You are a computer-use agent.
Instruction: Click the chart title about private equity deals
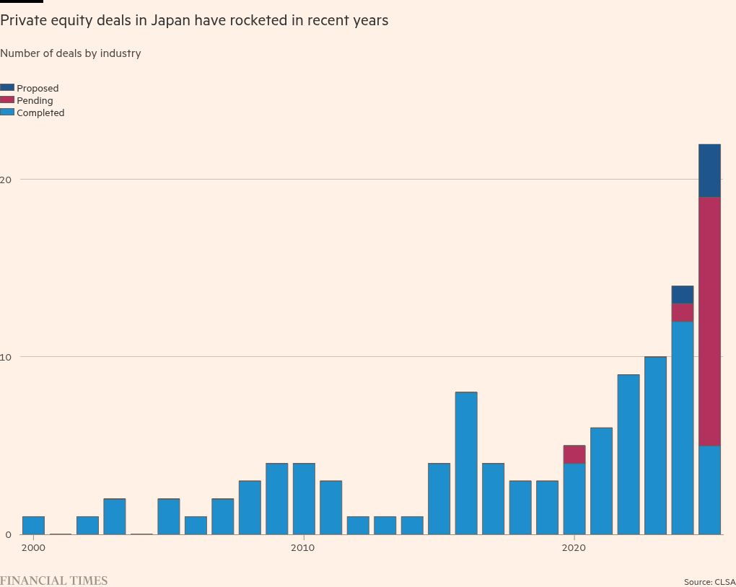[x=194, y=20]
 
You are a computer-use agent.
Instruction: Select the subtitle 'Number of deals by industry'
[x=71, y=53]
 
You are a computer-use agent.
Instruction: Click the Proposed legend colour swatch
[x=7, y=88]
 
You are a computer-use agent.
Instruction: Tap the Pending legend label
[x=35, y=101]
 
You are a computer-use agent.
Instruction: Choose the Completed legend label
[x=40, y=113]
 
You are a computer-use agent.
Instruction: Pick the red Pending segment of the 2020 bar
[x=574, y=454]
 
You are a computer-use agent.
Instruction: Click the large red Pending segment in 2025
[x=709, y=321]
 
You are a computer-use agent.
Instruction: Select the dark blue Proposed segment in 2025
[x=709, y=170]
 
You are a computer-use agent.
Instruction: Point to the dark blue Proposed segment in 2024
[x=683, y=294]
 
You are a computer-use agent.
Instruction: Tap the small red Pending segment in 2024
[x=683, y=312]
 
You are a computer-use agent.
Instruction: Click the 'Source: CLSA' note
[x=709, y=582]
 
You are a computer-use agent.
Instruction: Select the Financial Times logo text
[x=54, y=581]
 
